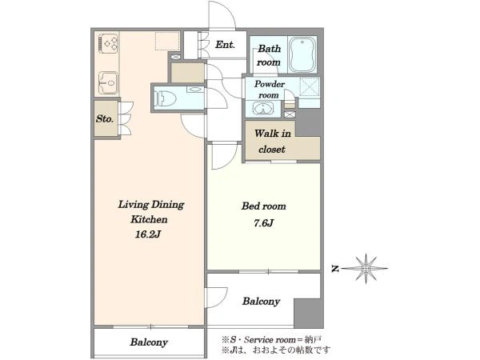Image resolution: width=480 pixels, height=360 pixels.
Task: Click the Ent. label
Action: coord(225,45)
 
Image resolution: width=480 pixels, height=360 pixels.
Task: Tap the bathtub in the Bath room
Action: coord(302,54)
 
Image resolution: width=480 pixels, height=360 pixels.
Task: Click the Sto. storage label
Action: coord(105,118)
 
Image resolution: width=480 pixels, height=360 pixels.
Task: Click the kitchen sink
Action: coord(108,83)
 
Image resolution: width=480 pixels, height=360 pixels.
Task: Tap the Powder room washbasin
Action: coord(262,108)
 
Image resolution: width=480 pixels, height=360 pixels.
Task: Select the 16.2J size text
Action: coord(148,234)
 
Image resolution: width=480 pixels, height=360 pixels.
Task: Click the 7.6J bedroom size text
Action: coord(263,223)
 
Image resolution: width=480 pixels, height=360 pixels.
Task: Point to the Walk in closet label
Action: coord(272,142)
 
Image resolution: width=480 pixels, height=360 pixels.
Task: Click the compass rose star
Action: coord(366,269)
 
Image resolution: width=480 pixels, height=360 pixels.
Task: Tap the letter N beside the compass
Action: coord(336,269)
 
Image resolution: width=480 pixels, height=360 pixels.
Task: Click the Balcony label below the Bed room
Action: coord(261,302)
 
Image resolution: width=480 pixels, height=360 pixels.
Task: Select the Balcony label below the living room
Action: coord(149,342)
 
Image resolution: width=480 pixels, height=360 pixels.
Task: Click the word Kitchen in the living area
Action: coord(149,219)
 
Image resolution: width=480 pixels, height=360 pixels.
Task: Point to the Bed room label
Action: coord(263,206)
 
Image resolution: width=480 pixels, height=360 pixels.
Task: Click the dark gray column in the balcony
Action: coord(308,313)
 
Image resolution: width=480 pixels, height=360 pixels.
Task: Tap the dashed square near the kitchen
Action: coord(167,41)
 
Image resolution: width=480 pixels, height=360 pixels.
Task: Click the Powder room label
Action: coord(269,90)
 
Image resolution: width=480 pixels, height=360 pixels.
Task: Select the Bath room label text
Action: coord(269,55)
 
